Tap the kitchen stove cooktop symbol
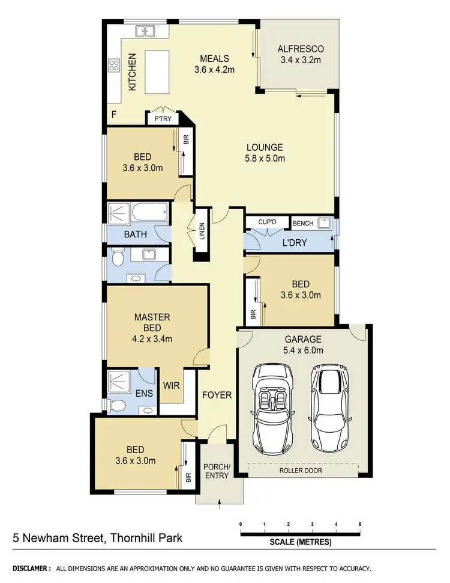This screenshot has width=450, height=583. coord(113,65)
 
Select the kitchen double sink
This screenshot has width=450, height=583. coord(144,31)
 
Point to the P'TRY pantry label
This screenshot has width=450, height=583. coord(163,119)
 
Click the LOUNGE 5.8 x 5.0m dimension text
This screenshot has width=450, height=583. coord(264,159)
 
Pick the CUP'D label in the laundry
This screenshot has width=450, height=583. coord(266,223)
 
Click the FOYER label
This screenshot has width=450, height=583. coord(216,395)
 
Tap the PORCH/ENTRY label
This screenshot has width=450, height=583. coord(220,471)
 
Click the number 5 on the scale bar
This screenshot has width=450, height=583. coord(360,524)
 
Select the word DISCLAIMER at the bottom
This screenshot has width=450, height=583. coord(31,568)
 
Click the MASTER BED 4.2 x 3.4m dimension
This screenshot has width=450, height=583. coord(152,339)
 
